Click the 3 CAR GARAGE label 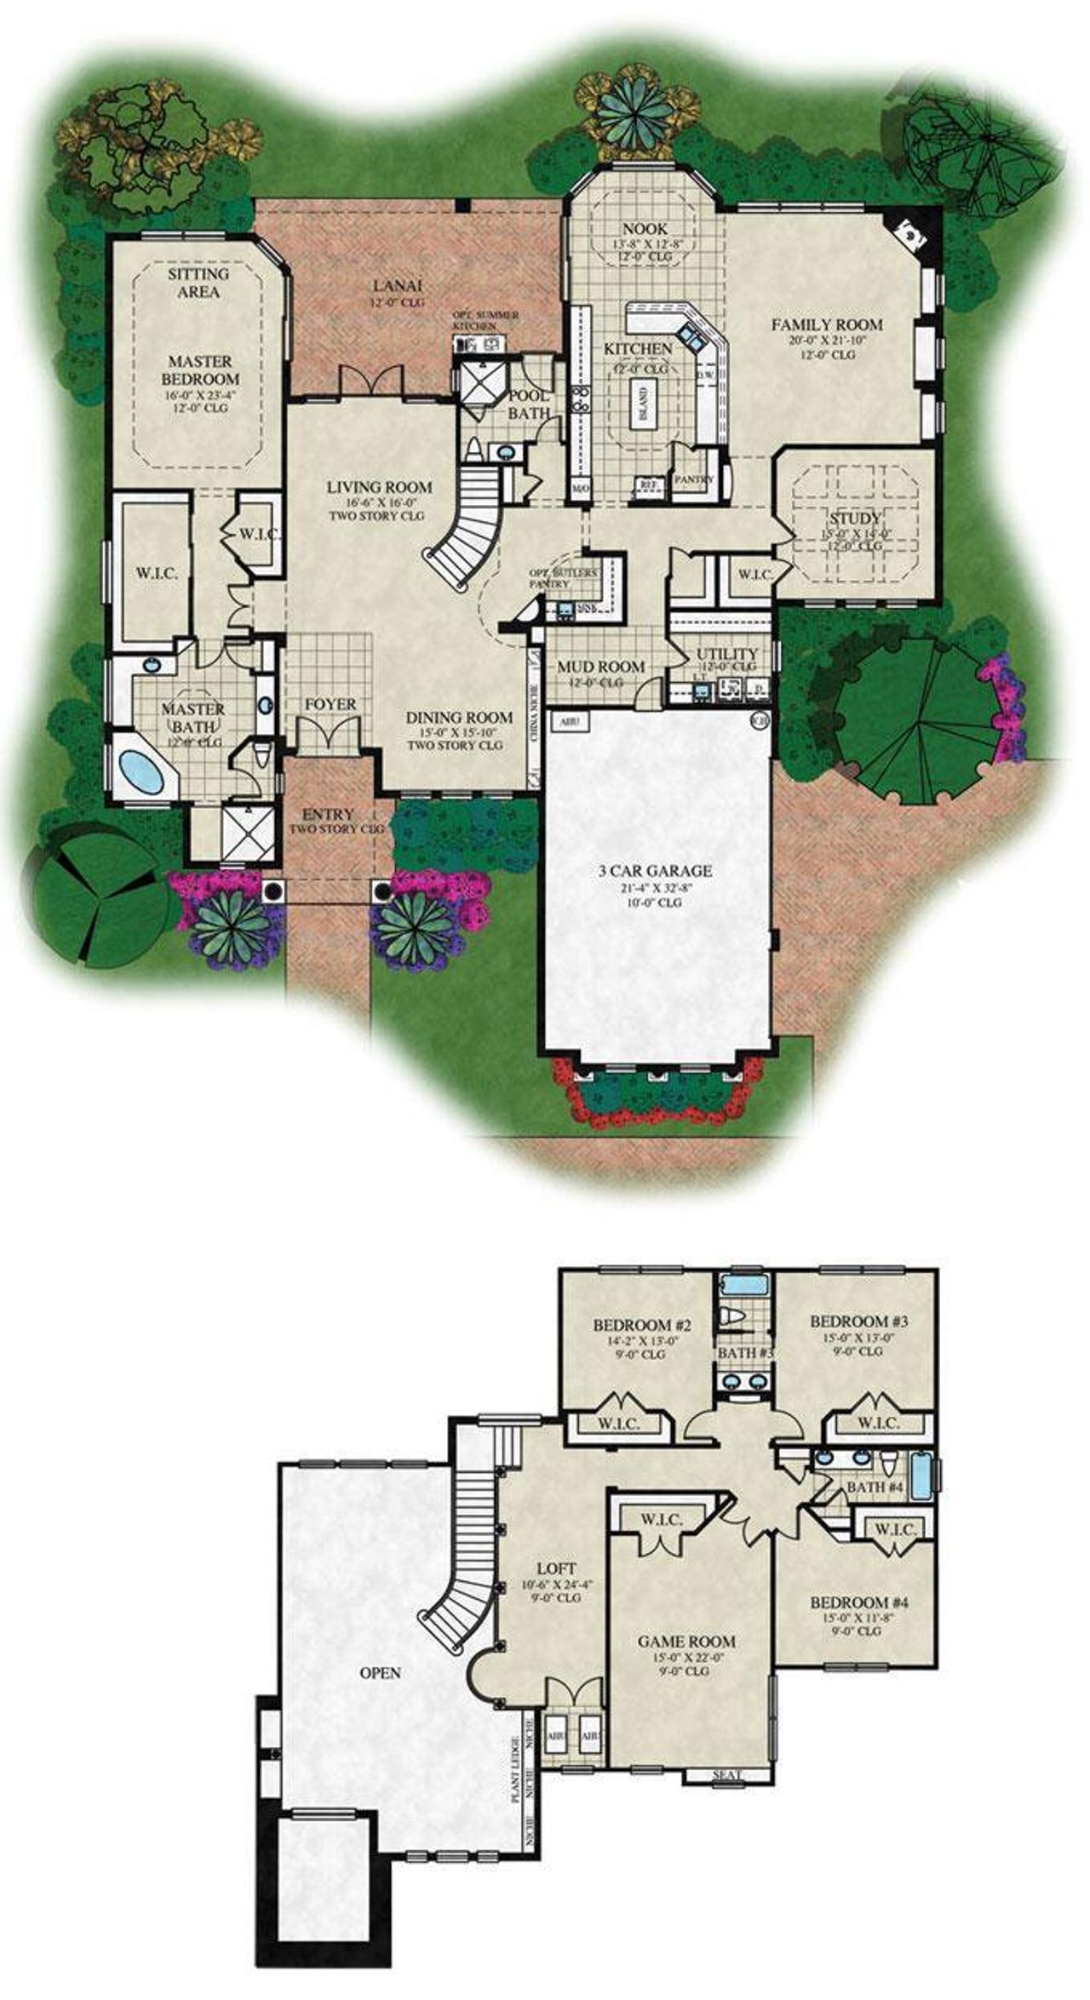pyautogui.click(x=654, y=871)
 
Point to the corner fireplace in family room pyautogui.click(x=910, y=230)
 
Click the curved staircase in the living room pyautogui.click(x=467, y=525)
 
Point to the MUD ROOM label pyautogui.click(x=600, y=666)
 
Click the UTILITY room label pyautogui.click(x=726, y=654)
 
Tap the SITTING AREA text pyautogui.click(x=198, y=283)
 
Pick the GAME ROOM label pyautogui.click(x=686, y=1642)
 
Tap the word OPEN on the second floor pyautogui.click(x=380, y=1673)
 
